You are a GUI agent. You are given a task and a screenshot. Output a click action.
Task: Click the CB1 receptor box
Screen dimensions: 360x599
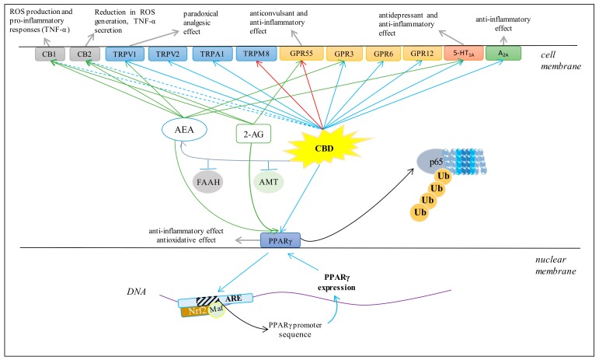[x=50, y=54]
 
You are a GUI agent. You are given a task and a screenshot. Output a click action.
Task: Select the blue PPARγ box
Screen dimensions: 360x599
[x=280, y=241]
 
